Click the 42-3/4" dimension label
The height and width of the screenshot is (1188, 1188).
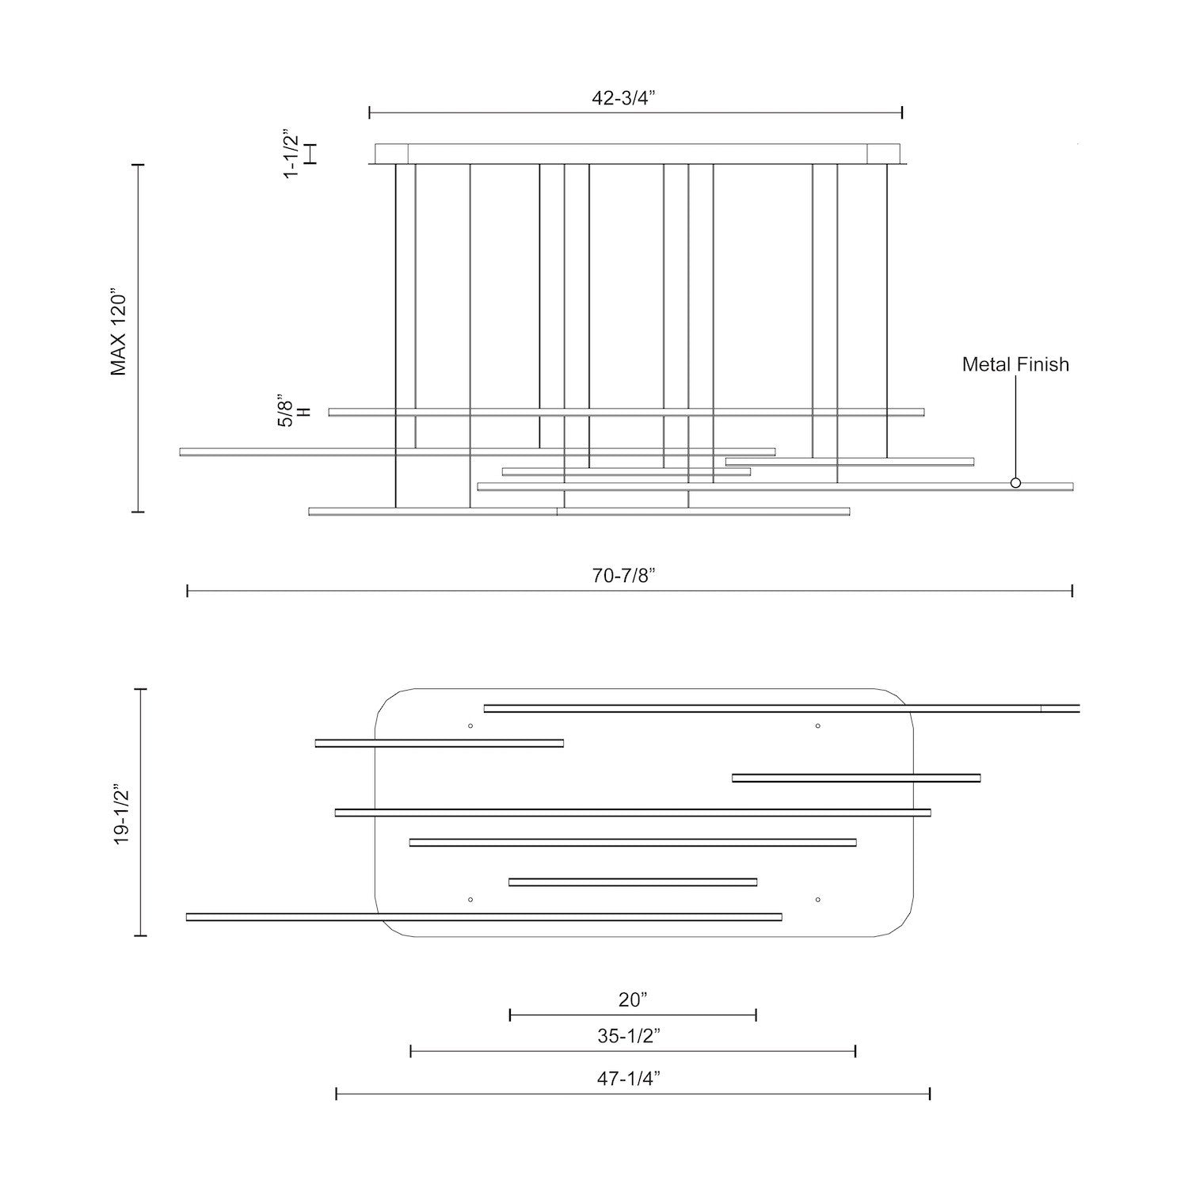click(x=624, y=98)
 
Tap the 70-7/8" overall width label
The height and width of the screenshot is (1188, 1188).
click(x=624, y=576)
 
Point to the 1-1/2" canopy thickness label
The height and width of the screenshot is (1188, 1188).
click(x=291, y=154)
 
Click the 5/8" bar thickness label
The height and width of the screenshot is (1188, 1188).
click(x=285, y=412)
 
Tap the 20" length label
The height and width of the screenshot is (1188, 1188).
click(x=633, y=1000)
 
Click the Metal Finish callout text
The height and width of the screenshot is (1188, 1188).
click(x=1015, y=364)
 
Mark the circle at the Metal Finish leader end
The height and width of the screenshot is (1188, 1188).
click(x=1015, y=482)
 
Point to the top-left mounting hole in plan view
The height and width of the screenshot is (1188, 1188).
click(x=470, y=725)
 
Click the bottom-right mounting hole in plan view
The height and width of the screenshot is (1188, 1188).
click(x=817, y=900)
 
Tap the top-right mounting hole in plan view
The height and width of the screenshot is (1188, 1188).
click(x=817, y=725)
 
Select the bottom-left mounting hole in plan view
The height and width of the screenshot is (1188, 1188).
click(x=470, y=900)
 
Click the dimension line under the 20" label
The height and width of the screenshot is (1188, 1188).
click(x=633, y=1015)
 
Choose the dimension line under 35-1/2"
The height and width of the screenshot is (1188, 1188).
click(x=633, y=1051)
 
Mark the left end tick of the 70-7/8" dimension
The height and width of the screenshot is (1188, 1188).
click(x=187, y=591)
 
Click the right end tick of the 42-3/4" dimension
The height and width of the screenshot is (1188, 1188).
click(x=902, y=112)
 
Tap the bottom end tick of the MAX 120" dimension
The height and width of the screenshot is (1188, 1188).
click(x=138, y=512)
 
